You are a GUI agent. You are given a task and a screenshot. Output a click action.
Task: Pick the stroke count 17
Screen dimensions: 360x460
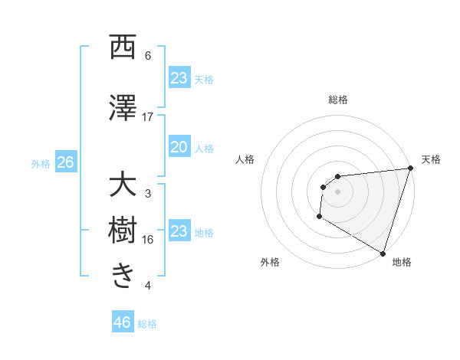click(148, 117)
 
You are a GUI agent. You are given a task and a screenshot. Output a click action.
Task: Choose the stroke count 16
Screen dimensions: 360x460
click(148, 240)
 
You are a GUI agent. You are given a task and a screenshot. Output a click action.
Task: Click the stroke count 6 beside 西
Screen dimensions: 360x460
click(148, 56)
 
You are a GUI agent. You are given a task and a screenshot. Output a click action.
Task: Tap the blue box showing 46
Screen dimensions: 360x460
click(123, 322)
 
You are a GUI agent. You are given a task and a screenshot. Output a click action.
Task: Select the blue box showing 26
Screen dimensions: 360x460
click(65, 162)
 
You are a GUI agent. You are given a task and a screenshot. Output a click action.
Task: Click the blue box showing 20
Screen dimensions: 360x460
click(179, 147)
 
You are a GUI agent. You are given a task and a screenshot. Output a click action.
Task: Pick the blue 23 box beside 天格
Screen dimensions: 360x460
click(179, 78)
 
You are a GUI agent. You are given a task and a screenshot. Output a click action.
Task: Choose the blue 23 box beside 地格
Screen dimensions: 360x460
click(179, 231)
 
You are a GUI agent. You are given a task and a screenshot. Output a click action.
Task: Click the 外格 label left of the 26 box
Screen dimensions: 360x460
click(41, 163)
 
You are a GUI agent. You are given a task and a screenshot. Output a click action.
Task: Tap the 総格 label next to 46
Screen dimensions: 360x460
click(147, 324)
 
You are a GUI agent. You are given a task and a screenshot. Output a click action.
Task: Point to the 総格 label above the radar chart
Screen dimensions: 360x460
click(337, 100)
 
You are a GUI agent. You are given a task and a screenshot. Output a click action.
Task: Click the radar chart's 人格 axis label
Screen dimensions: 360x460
click(245, 159)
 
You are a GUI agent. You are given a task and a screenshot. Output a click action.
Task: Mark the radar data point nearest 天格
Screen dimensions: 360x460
click(410, 169)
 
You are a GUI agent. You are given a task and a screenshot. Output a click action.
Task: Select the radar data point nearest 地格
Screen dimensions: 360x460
click(383, 253)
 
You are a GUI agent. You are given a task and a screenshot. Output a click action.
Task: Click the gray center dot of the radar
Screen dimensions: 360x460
click(337, 191)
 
